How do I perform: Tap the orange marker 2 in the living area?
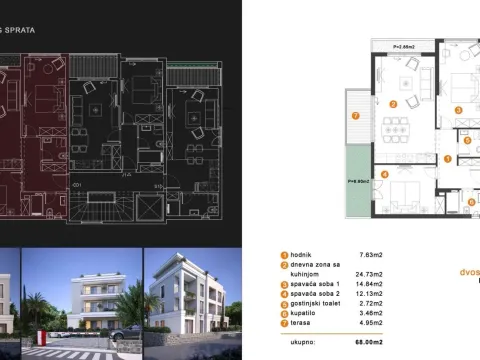(394, 103)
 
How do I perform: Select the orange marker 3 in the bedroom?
(458, 110)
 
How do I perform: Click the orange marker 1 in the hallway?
(448, 158)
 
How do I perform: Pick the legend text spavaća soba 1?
(317, 283)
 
